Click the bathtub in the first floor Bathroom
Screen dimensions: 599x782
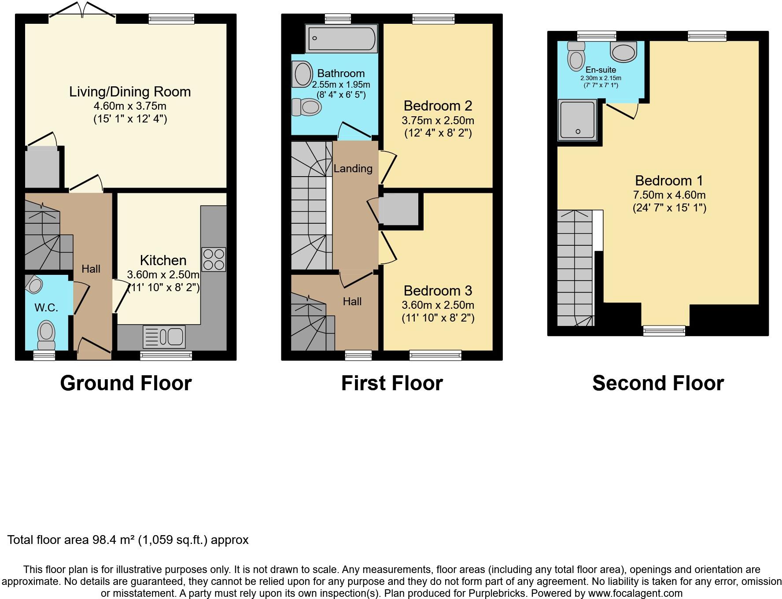(341, 38)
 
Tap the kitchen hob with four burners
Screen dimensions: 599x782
(214, 259)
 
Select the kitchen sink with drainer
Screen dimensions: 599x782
(164, 337)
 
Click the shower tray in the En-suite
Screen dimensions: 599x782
(577, 120)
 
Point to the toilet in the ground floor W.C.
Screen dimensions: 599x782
(46, 335)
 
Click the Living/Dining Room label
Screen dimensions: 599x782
(130, 92)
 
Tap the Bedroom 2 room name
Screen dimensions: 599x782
(438, 106)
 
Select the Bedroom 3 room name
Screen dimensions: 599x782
(438, 291)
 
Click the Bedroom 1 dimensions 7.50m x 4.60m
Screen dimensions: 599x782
(669, 195)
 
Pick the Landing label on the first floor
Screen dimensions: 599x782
(353, 168)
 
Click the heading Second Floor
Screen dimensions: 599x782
(658, 383)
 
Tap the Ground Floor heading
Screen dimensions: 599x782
(126, 383)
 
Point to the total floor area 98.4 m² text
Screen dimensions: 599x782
(128, 540)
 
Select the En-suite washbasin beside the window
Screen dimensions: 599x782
(623, 52)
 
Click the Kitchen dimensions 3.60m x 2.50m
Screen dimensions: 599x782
(163, 274)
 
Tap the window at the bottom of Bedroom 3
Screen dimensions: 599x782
(435, 355)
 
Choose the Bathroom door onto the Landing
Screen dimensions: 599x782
(354, 130)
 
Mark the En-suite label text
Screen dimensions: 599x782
(601, 70)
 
